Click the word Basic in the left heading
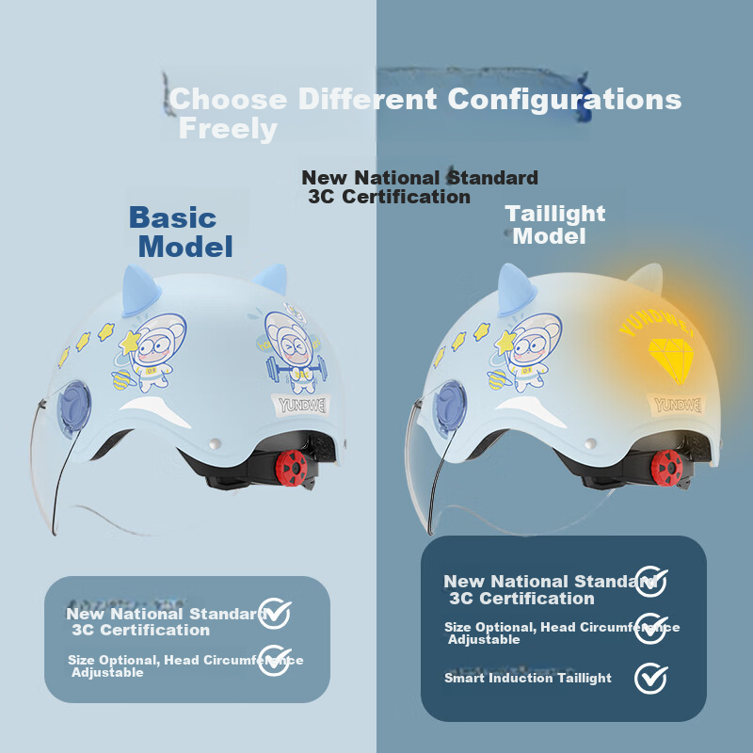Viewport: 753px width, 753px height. click(x=172, y=217)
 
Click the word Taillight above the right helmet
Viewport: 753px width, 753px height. click(x=555, y=215)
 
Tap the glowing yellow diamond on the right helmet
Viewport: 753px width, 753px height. click(x=671, y=359)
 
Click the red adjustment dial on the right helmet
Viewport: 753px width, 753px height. click(x=666, y=468)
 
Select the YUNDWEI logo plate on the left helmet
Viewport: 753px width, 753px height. click(x=301, y=406)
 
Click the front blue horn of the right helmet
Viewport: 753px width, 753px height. click(x=516, y=290)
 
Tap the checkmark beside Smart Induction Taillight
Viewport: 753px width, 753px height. click(x=650, y=678)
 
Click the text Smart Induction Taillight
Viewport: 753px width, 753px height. click(x=528, y=678)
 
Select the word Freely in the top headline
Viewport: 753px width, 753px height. click(x=228, y=130)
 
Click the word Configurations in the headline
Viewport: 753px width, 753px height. click(x=564, y=100)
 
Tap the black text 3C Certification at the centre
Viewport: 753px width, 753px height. click(x=389, y=197)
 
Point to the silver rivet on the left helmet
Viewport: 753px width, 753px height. click(x=216, y=443)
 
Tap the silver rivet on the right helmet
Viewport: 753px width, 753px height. click(x=590, y=443)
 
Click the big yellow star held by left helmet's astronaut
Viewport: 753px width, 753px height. click(x=130, y=343)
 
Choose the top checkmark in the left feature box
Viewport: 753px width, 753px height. click(x=274, y=614)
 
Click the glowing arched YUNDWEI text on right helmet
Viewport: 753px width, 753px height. click(x=657, y=324)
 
